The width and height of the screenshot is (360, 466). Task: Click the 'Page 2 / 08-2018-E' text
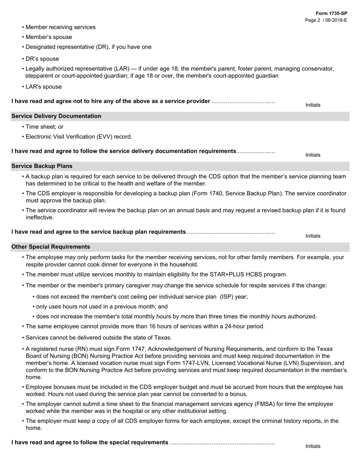click(326, 20)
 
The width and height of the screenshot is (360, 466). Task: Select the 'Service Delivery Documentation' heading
click(56, 116)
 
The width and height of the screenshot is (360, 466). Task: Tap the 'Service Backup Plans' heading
click(42, 166)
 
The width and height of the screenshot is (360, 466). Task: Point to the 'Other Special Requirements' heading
click(51, 247)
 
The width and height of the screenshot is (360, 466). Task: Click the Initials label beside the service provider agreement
click(313, 105)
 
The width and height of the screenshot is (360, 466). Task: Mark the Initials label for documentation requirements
click(313, 155)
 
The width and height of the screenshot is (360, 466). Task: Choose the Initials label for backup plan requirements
click(313, 236)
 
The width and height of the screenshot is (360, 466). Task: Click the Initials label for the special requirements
click(313, 446)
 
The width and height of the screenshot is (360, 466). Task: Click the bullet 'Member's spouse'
click(49, 37)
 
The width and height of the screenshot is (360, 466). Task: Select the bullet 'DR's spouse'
click(42, 59)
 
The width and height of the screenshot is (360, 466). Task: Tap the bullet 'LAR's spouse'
click(44, 87)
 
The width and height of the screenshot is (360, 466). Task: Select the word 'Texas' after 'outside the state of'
click(163, 338)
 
